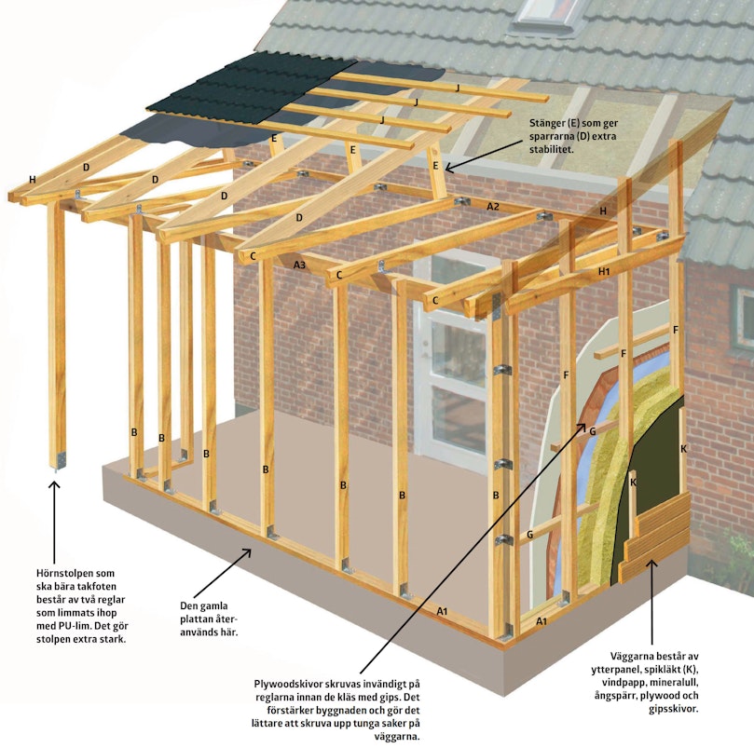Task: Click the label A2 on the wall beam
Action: [x=493, y=207]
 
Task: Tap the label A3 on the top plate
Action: [x=299, y=265]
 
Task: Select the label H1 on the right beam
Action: [x=604, y=272]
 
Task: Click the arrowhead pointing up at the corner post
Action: [x=54, y=486]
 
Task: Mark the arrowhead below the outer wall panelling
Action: [x=651, y=564]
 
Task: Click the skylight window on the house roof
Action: [x=547, y=14]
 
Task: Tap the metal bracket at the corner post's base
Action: [x=61, y=460]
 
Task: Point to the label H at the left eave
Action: [x=33, y=180]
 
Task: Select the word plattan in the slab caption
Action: [x=198, y=619]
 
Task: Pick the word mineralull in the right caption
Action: [x=675, y=683]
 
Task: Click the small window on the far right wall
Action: [x=742, y=318]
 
